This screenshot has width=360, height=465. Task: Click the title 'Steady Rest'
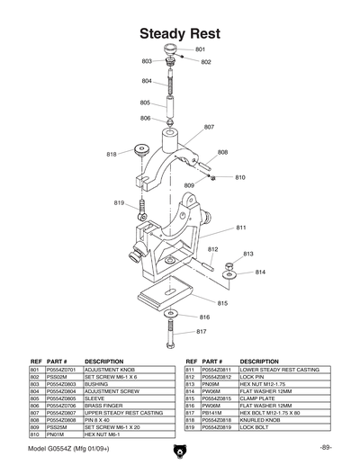coord(180,32)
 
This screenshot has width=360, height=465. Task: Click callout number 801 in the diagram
coord(200,49)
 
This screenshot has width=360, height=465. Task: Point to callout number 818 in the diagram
coord(112,155)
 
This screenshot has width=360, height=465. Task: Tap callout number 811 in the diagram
coord(241,228)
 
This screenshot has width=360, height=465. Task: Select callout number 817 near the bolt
coord(202,332)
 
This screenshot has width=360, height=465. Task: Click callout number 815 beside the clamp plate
coord(222,303)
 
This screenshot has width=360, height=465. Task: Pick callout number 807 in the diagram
coord(209,127)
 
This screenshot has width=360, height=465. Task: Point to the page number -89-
coord(326,448)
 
